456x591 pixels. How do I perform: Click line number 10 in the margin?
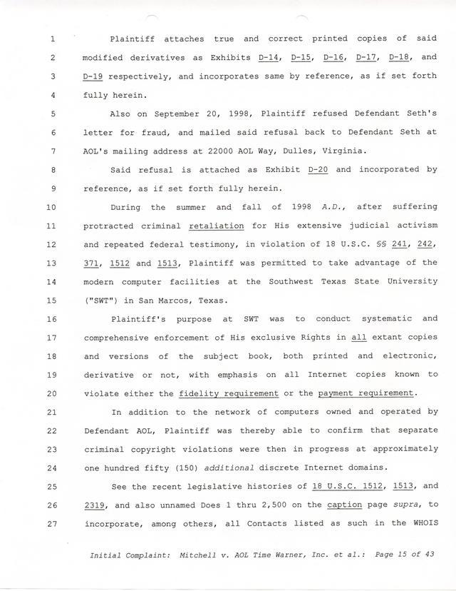point(51,208)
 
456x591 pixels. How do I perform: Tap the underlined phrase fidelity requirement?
point(229,393)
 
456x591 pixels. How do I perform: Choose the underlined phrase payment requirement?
point(366,393)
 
